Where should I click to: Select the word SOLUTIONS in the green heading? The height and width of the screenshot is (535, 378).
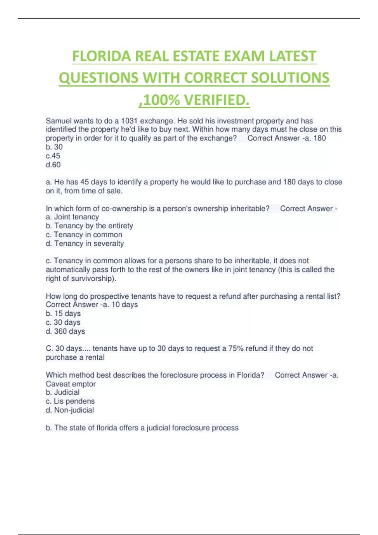click(290, 78)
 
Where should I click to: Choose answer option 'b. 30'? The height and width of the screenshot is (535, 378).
click(54, 147)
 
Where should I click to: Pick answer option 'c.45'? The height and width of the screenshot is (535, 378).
click(53, 156)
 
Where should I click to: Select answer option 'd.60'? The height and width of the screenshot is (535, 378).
click(53, 165)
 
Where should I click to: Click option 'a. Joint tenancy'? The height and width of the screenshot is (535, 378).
click(72, 217)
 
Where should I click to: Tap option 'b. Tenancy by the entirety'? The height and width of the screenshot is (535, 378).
click(89, 226)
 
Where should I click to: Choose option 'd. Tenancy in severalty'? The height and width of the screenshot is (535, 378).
click(85, 244)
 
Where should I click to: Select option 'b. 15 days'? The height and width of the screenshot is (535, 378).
click(63, 313)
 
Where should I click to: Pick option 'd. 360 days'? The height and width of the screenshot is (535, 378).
click(66, 331)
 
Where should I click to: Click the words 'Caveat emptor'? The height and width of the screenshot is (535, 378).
click(71, 384)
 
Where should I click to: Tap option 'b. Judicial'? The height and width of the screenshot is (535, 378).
click(63, 392)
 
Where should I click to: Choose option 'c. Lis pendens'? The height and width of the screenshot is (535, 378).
click(70, 401)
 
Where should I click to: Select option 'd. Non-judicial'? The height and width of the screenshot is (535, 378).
click(70, 410)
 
